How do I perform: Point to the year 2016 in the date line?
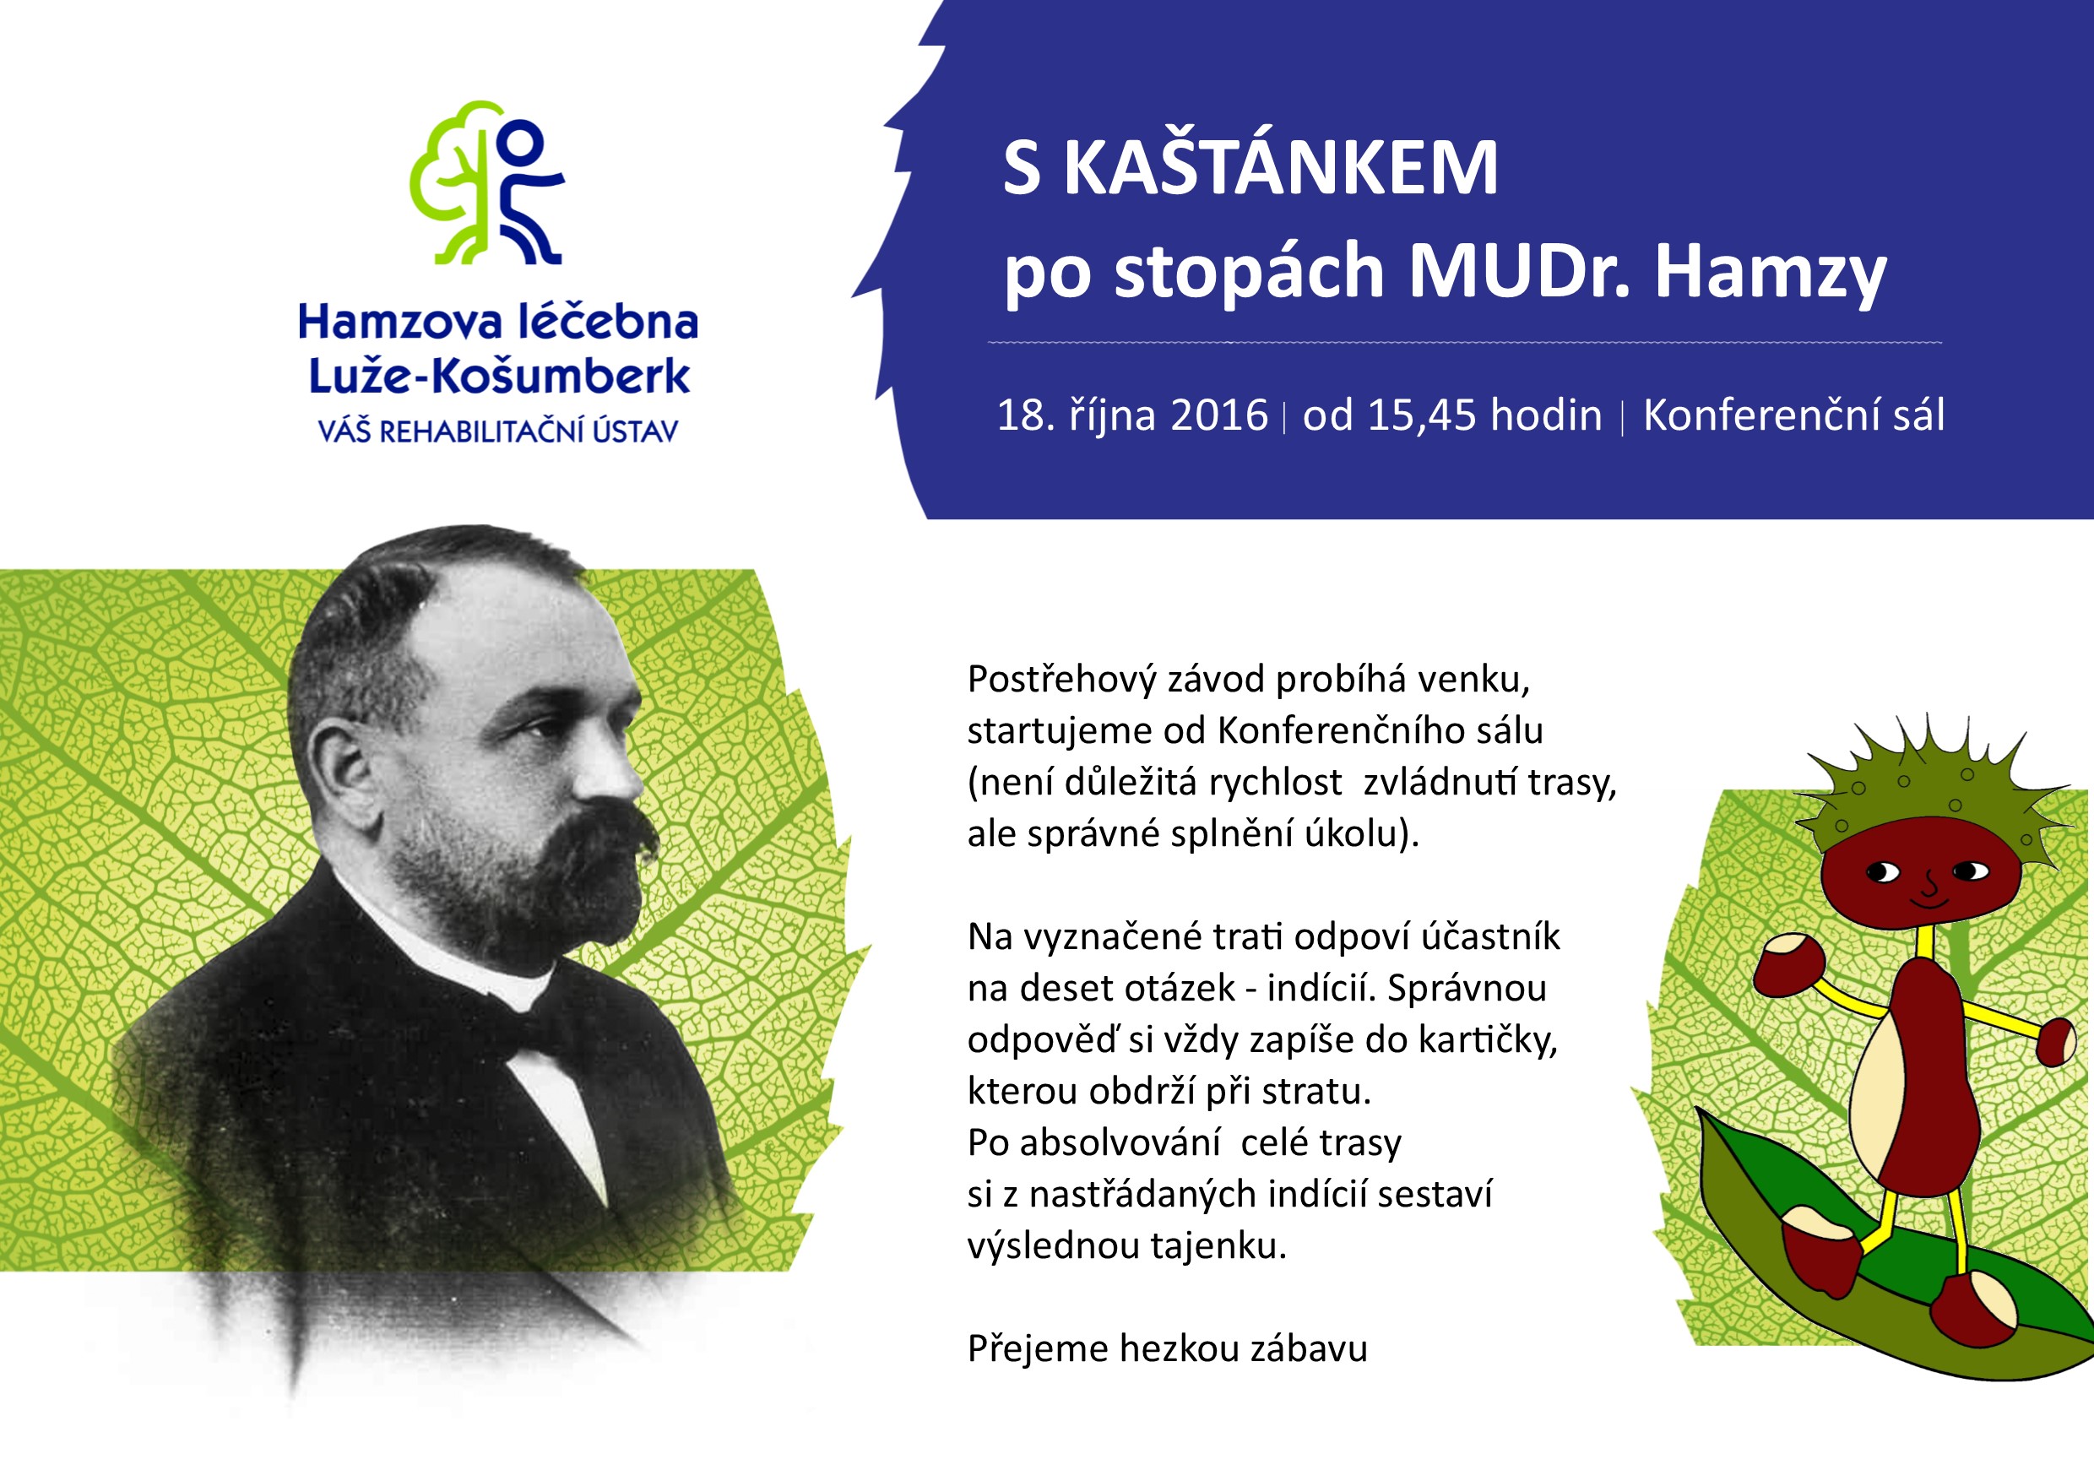[x=1218, y=416]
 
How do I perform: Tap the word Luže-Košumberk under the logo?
[x=499, y=377]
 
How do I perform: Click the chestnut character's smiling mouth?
[x=1930, y=902]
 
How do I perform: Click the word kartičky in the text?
[x=1484, y=1040]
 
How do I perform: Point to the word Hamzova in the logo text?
[x=399, y=323]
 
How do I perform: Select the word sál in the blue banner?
[x=1919, y=416]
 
